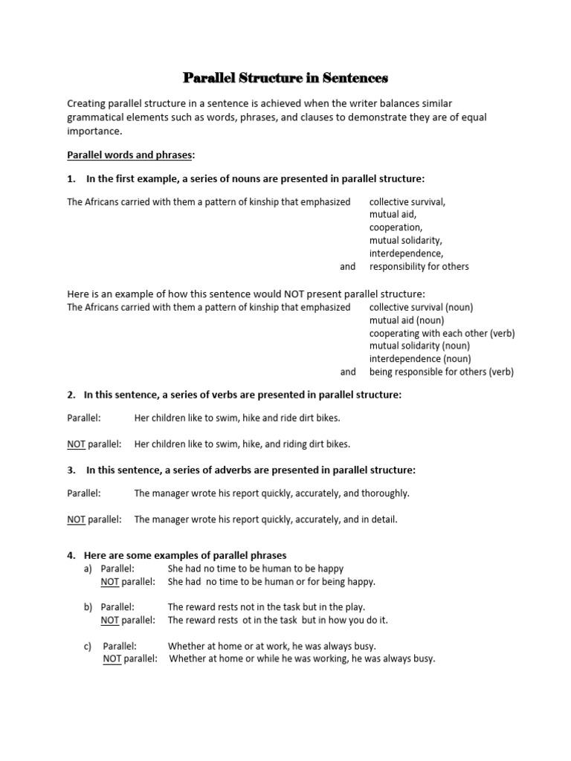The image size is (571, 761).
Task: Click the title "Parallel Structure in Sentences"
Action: [x=285, y=77]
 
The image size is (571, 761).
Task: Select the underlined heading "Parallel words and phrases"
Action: [x=130, y=155]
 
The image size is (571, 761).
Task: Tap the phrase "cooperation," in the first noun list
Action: [x=396, y=227]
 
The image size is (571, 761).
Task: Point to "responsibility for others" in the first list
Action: [x=419, y=266]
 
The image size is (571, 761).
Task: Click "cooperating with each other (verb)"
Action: [x=442, y=333]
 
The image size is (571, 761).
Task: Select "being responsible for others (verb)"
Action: [x=442, y=372]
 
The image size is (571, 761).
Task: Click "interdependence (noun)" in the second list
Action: [x=420, y=359]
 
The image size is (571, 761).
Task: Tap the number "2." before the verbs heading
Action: [x=72, y=395]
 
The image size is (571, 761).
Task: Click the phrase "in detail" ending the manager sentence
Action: [x=379, y=519]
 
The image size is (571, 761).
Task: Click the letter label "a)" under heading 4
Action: [x=88, y=569]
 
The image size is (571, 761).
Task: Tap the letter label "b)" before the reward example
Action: [x=88, y=607]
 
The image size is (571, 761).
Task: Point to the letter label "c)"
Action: [x=88, y=646]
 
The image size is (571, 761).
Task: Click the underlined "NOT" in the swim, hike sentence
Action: [x=77, y=444]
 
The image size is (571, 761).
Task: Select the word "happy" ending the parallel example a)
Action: [x=329, y=569]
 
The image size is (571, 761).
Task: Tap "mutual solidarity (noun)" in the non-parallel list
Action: [x=420, y=346]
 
